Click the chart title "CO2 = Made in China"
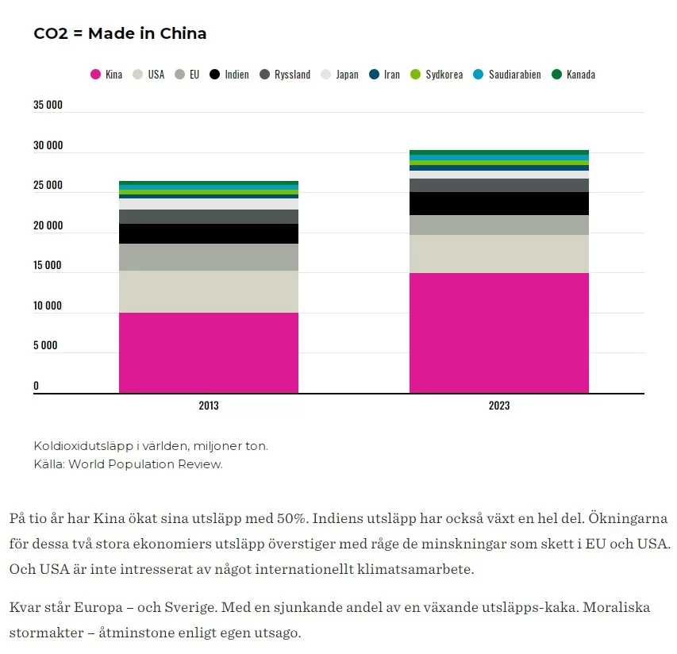click(x=120, y=33)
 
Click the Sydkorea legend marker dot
click(x=414, y=75)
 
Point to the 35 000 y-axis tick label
click(x=48, y=105)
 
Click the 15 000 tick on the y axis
click(x=48, y=265)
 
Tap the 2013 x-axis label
click(x=209, y=406)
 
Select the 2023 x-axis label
click(x=499, y=406)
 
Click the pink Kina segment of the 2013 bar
click(x=209, y=352)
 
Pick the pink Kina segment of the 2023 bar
click(x=499, y=333)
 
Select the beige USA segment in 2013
click(x=209, y=291)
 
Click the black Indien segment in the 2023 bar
click(x=499, y=203)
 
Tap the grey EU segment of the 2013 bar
click(x=209, y=257)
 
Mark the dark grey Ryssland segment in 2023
click(x=499, y=185)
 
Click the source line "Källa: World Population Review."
click(x=128, y=464)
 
